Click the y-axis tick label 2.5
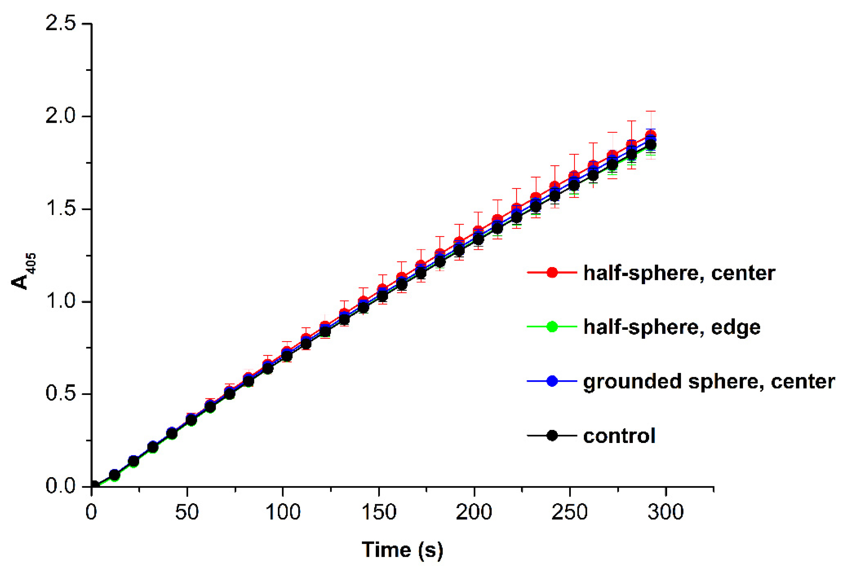point(60,23)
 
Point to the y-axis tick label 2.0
point(60,116)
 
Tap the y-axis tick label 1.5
point(60,209)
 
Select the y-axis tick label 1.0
point(60,302)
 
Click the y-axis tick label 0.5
point(60,394)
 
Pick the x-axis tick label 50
point(187,512)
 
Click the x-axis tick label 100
point(283,512)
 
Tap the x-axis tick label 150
point(378,512)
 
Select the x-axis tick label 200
point(474,512)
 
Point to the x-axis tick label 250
point(570,512)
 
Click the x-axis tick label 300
point(665,512)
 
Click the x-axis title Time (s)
point(402,550)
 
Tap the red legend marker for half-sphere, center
point(552,273)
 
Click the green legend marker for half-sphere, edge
point(552,326)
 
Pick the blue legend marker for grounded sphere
point(552,381)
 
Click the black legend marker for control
point(552,436)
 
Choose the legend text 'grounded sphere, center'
point(708,382)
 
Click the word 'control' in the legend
point(619,436)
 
